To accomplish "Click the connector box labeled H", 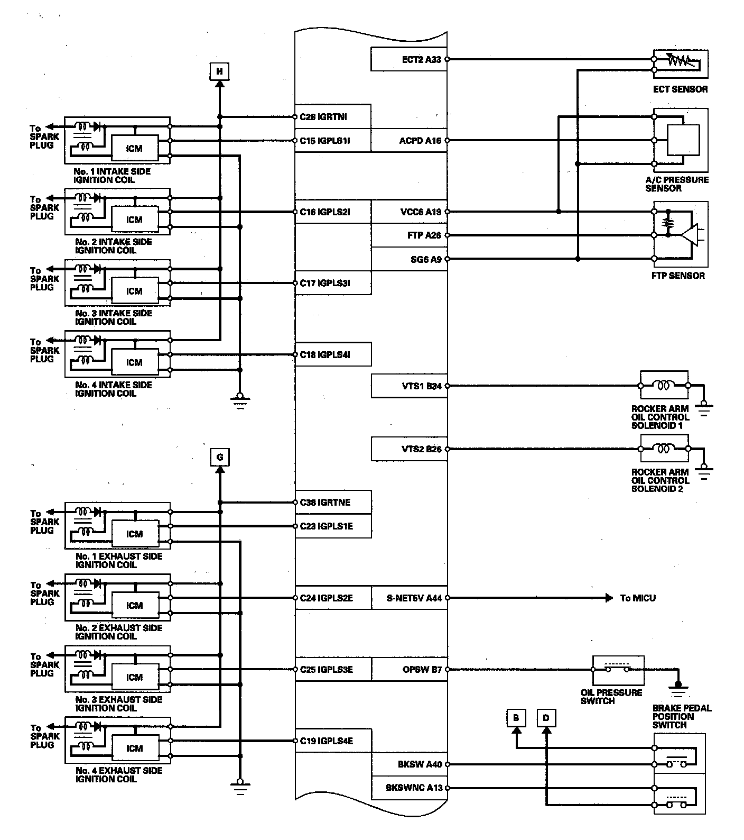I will (220, 71).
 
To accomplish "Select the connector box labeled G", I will (220, 457).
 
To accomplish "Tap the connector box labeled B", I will (516, 718).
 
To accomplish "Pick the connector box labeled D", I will (546, 718).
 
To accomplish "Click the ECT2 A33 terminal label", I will (421, 59).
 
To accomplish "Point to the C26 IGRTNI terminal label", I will (323, 117).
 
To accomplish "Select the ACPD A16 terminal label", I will (420, 141).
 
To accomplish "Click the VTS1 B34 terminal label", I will (421, 386).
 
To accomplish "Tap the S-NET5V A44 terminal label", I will (414, 598).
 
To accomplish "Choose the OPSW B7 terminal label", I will (422, 670).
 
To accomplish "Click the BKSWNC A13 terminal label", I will (414, 788).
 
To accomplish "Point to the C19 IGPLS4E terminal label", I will (326, 741).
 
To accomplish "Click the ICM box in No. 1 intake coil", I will (134, 149).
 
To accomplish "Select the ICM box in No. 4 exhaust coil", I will (134, 748).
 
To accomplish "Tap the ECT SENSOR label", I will (680, 89).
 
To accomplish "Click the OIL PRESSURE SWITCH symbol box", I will (618, 670).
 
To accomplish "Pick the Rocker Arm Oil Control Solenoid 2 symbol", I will (664, 449).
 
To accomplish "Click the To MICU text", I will (638, 598).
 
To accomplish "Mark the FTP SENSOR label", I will (678, 276).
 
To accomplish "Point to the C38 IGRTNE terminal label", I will (325, 503).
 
